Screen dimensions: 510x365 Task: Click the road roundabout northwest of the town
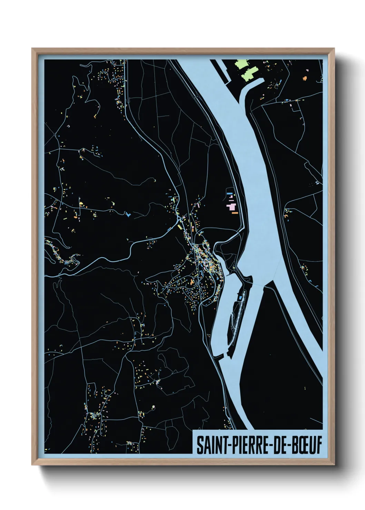tap(178, 218)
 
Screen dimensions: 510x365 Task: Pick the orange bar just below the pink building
tap(235, 213)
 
